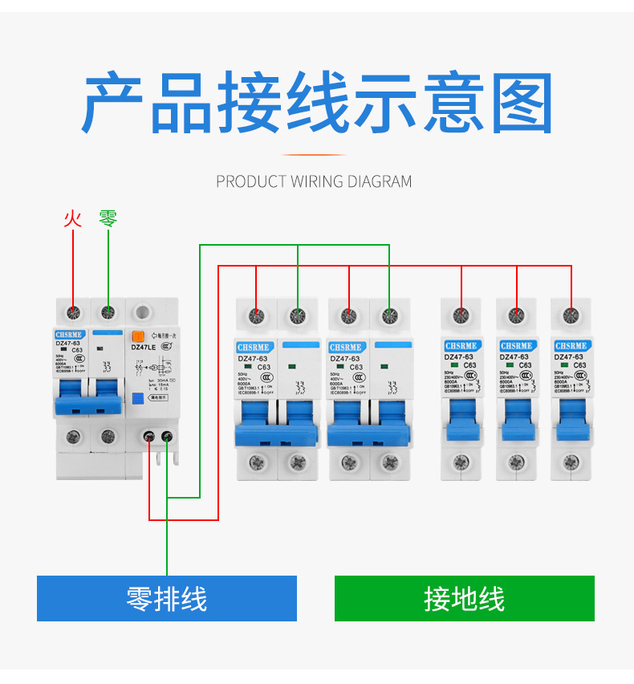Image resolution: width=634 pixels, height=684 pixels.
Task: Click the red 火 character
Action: [73, 218]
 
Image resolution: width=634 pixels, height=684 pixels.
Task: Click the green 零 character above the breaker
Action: [108, 218]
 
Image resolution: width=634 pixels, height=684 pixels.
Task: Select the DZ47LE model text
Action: [144, 348]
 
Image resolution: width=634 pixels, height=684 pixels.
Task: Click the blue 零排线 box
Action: [167, 598]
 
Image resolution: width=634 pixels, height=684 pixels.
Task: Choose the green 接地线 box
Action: [464, 598]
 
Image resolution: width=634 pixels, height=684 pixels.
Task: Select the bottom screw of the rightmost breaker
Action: [571, 462]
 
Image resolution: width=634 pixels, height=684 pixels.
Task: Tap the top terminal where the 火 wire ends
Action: [74, 311]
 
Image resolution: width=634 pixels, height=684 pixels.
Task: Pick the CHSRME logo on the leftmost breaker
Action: [69, 334]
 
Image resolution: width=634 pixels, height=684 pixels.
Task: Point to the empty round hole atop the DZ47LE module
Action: [144, 311]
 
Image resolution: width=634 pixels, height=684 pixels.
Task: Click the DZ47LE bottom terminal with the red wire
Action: [150, 437]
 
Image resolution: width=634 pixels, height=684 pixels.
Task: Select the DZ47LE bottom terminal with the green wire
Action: [167, 437]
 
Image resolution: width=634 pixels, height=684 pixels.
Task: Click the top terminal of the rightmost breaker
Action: [571, 314]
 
